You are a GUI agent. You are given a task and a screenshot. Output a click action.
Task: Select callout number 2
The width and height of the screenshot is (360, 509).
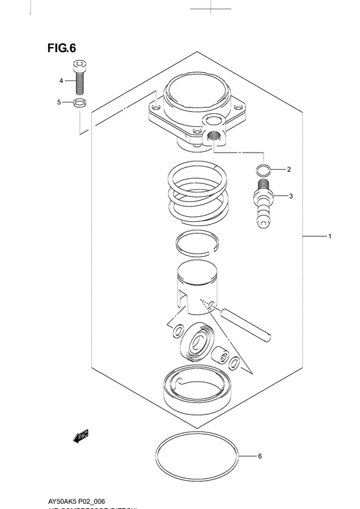point(289,170)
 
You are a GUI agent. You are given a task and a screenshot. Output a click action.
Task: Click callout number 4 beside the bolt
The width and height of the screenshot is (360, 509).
point(62,81)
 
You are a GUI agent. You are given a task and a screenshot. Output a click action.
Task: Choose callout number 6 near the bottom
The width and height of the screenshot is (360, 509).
point(260,457)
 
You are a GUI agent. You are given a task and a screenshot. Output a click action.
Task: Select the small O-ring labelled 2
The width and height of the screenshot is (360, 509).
point(262,170)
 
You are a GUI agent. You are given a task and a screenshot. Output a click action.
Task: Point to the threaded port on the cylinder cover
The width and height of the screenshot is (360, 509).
point(213,135)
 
